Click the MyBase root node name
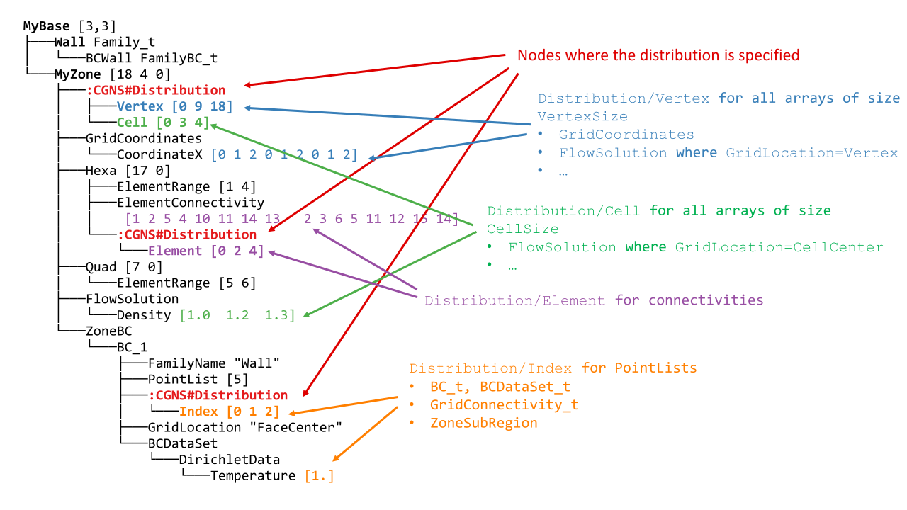click(x=47, y=26)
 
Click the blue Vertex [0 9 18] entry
click(x=174, y=106)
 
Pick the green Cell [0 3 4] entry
click(x=163, y=122)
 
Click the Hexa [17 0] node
click(x=128, y=170)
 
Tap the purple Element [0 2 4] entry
click(x=205, y=250)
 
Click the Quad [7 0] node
click(x=123, y=267)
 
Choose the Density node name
click(x=144, y=315)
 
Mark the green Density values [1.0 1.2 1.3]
click(x=237, y=315)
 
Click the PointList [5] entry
click(x=187, y=379)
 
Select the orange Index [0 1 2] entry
click(x=229, y=412)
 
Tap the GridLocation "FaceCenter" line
click(x=244, y=427)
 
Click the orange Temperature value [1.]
click(x=319, y=475)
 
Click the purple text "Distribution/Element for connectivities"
click(x=594, y=300)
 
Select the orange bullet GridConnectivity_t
click(x=504, y=404)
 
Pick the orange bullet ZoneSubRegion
click(x=483, y=423)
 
